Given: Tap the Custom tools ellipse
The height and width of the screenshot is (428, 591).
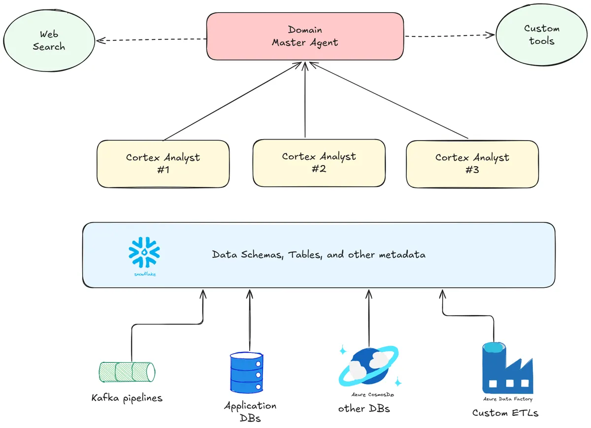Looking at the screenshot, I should coord(541,35).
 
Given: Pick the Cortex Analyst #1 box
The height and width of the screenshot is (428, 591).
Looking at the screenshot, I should coord(163,164).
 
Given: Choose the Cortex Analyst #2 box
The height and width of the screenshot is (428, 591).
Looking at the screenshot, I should coord(319,162).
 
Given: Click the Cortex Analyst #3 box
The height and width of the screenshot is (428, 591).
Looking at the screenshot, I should coord(472,164).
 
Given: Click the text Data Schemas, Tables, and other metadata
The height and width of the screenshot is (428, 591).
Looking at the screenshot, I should coord(319,255).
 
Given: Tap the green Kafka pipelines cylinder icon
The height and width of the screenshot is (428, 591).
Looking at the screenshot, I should coord(127,372).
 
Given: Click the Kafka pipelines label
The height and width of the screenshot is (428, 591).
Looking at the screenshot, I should coord(127,398).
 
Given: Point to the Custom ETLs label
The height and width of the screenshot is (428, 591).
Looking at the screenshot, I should coord(505,413).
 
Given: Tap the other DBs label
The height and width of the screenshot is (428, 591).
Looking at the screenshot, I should coord(365,409).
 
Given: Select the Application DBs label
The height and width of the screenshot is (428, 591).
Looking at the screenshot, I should coord(250,412).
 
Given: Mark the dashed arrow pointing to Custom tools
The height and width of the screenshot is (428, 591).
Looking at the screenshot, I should coord(449,36).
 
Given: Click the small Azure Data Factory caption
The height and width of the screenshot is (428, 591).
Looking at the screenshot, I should coord(507,399).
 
